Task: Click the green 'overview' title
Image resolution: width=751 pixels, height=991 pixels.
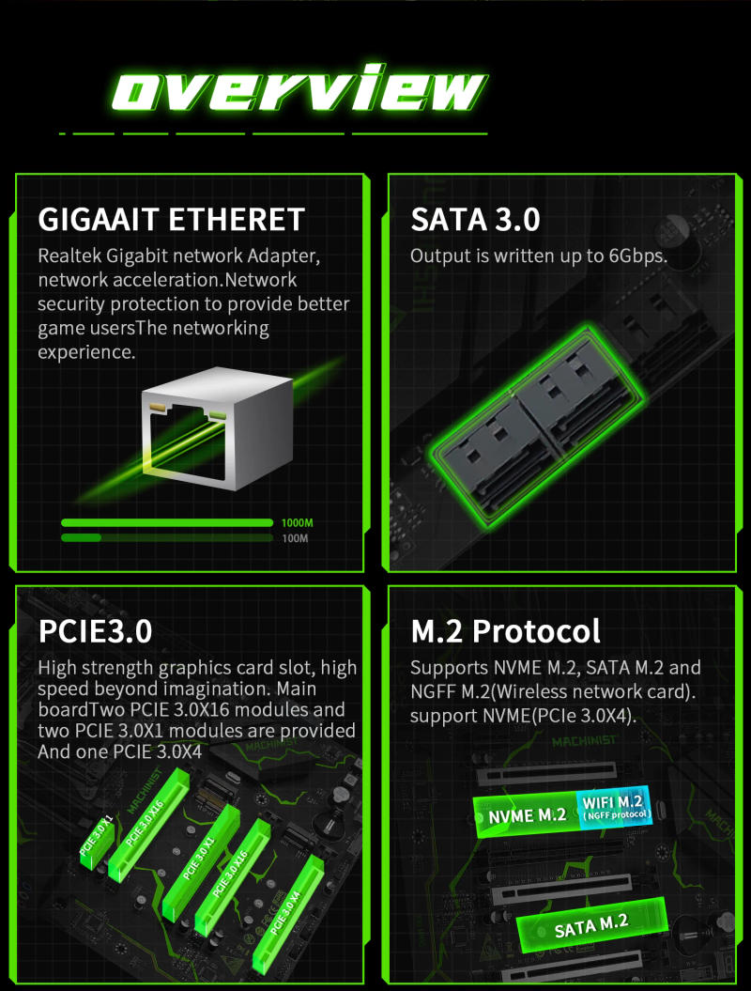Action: tap(299, 87)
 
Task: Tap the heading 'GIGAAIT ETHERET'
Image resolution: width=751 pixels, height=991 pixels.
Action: tap(171, 220)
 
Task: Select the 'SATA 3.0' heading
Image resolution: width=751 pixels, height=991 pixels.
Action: tap(475, 220)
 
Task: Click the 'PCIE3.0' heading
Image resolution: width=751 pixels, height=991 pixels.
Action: tap(95, 630)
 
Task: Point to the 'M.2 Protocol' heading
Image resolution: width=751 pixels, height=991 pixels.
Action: tap(505, 630)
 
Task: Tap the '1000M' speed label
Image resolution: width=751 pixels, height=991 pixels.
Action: tap(297, 522)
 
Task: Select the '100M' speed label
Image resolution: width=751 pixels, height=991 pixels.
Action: tap(295, 538)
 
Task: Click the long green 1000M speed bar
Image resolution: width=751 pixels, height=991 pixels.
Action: tap(167, 522)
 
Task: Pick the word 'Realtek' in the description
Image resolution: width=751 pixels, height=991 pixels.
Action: tap(69, 255)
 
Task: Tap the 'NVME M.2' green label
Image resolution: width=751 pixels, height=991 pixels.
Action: tap(527, 815)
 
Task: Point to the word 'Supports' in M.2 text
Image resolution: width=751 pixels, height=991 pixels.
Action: tap(449, 668)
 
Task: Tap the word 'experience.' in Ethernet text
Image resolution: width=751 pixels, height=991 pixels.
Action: tap(86, 352)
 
